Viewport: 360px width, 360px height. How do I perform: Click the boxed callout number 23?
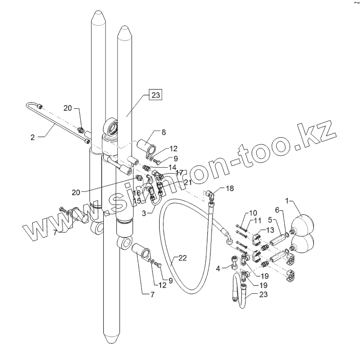click(155, 95)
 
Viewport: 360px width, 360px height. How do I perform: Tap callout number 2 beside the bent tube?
click(33, 137)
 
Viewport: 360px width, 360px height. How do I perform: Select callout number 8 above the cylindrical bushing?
click(164, 132)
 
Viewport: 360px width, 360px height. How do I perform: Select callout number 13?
click(270, 230)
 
